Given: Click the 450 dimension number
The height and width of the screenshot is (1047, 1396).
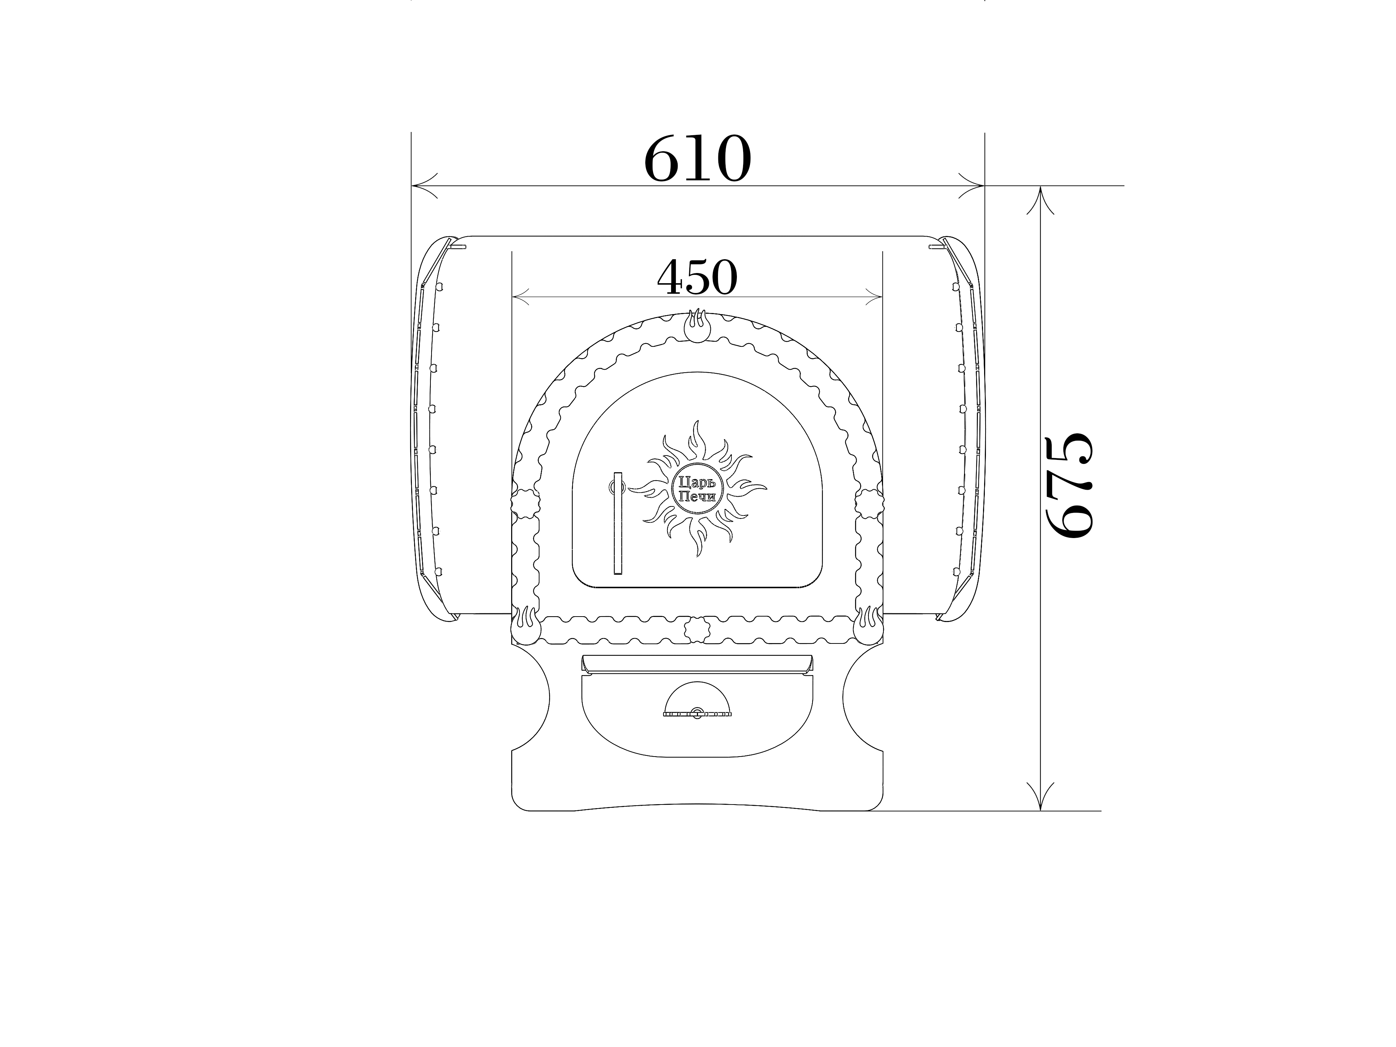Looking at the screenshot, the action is [x=697, y=278].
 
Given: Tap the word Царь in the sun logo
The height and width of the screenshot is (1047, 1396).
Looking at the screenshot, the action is [x=697, y=482].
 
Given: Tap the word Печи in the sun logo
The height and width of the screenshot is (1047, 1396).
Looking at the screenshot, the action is [x=697, y=497].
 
